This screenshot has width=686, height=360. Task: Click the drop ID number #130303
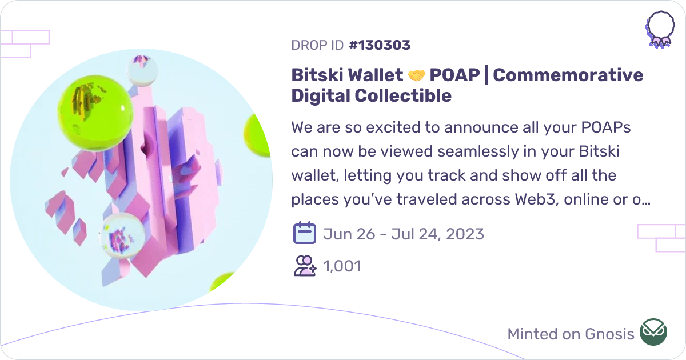point(379,45)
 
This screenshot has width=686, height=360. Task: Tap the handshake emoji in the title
point(417,75)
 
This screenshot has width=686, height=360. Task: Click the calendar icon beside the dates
point(305,234)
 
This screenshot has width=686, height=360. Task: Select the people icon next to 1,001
point(305,266)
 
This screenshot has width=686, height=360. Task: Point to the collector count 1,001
point(342,266)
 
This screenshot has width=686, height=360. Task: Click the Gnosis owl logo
point(653,333)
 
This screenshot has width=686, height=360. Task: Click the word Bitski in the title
point(317,75)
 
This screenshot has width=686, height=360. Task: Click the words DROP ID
point(317,45)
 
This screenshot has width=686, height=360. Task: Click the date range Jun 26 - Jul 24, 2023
point(404,234)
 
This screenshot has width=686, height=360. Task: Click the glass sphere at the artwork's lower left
point(121,236)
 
